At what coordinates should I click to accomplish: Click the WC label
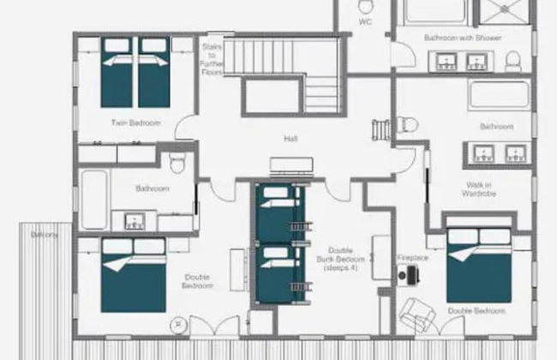[365, 22]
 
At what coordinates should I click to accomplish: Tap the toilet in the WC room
[366, 8]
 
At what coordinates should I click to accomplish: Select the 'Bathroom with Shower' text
[463, 38]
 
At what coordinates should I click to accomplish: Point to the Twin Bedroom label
[135, 123]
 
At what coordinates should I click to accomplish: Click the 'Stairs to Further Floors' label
[212, 60]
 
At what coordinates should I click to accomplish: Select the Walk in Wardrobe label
[481, 188]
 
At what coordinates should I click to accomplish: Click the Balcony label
[45, 234]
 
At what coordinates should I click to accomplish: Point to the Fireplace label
[412, 257]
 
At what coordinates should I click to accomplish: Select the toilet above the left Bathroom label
[178, 163]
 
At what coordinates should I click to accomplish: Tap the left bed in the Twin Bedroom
[117, 74]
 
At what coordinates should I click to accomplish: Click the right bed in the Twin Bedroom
[154, 74]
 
